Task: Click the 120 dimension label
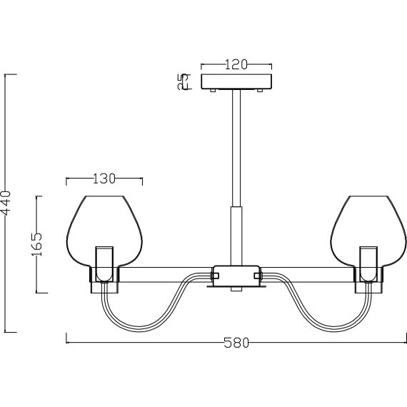pyautogui.click(x=236, y=65)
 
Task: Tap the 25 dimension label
pyautogui.click(x=183, y=81)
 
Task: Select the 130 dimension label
pyautogui.click(x=104, y=179)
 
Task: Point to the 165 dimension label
pyautogui.click(x=37, y=244)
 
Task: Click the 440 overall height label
pyautogui.click(x=6, y=203)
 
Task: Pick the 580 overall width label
pyautogui.click(x=236, y=343)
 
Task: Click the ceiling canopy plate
pyautogui.click(x=236, y=81)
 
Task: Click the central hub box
pyautogui.click(x=236, y=276)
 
